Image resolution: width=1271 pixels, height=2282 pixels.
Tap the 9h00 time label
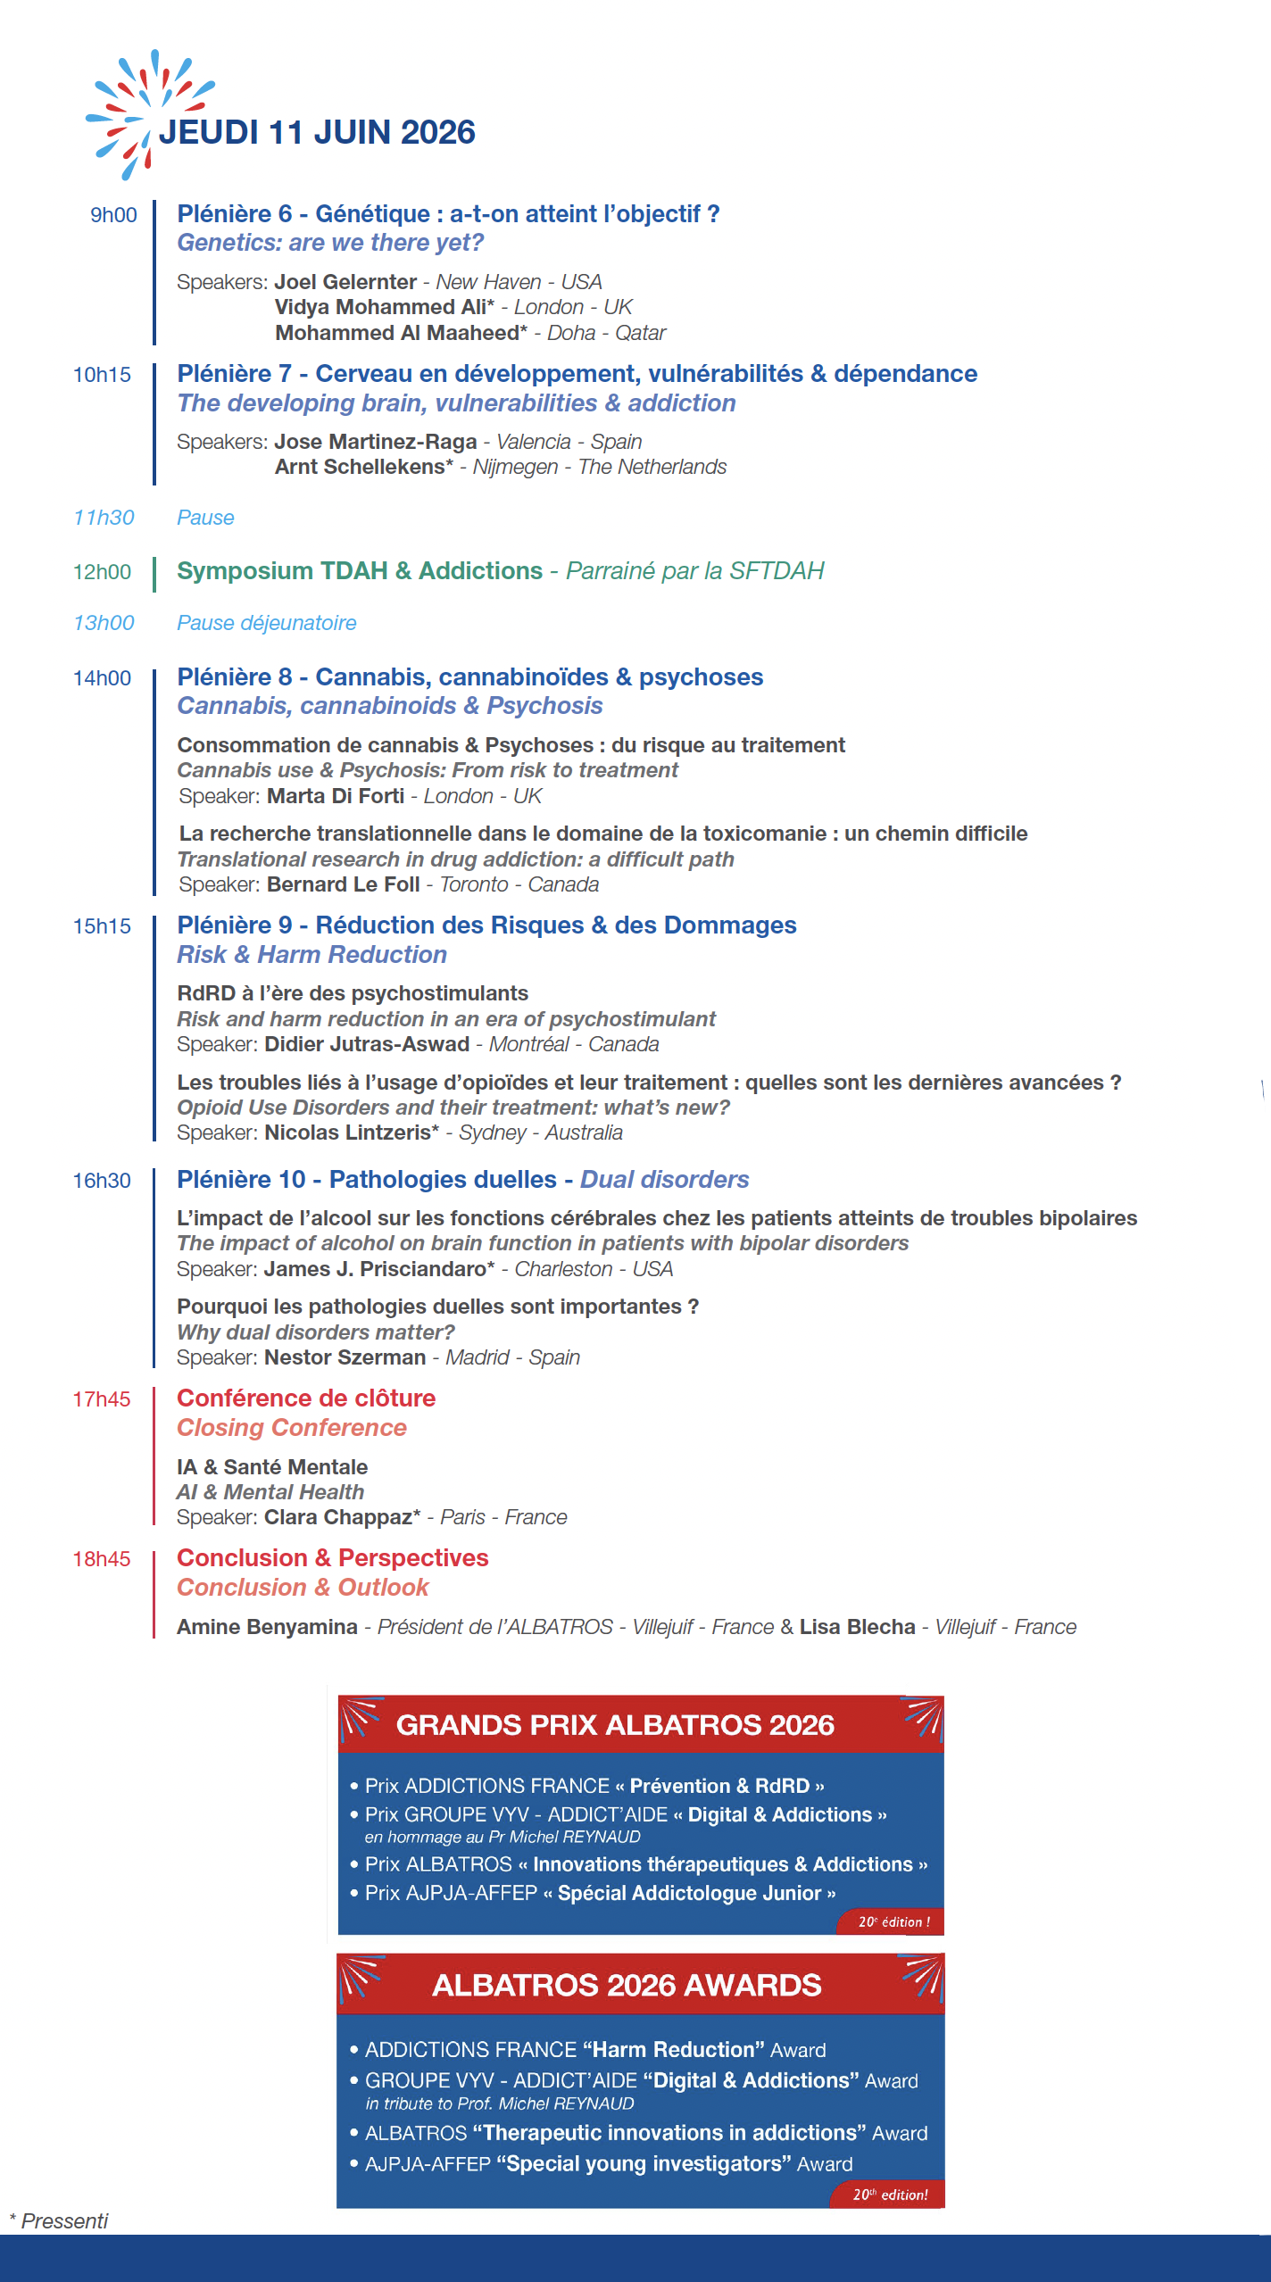pos(113,215)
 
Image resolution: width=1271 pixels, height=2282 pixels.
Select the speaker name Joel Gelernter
pos(345,282)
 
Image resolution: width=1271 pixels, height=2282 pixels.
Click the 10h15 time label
pos(102,375)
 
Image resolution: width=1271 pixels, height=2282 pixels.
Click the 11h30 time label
pos(104,518)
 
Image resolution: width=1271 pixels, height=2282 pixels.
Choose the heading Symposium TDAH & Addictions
pos(360,571)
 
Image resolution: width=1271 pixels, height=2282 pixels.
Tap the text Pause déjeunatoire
pos(266,623)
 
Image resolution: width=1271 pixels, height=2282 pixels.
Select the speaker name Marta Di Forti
pos(336,796)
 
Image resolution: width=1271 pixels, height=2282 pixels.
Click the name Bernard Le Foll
pos(343,884)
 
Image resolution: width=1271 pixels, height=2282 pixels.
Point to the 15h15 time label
pos(102,926)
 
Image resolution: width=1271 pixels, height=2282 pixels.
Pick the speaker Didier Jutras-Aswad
pos(367,1044)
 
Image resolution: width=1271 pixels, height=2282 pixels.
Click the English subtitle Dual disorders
pos(664,1180)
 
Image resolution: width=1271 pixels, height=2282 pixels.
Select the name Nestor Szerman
pos(345,1357)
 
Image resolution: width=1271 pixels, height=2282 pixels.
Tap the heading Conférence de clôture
pos(306,1398)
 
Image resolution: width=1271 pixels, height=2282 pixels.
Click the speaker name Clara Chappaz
pos(342,1517)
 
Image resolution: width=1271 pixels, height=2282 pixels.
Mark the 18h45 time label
pos(102,1559)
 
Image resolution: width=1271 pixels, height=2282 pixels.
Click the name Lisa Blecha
pos(857,1627)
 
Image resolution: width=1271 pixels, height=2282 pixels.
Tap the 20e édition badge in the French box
pos(893,1922)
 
